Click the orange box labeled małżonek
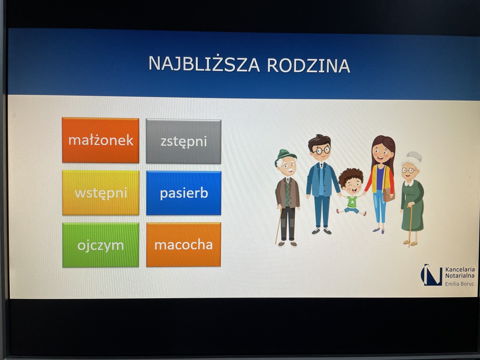(100, 140)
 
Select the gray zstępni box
(183, 141)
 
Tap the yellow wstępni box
(101, 193)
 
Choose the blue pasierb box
(184, 193)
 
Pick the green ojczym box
(100, 245)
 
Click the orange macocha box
(183, 244)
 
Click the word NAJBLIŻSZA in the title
(204, 64)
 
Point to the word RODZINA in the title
(309, 65)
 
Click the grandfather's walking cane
(278, 225)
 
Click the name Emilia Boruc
(460, 284)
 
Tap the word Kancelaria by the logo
(460, 270)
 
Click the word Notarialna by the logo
(460, 276)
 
